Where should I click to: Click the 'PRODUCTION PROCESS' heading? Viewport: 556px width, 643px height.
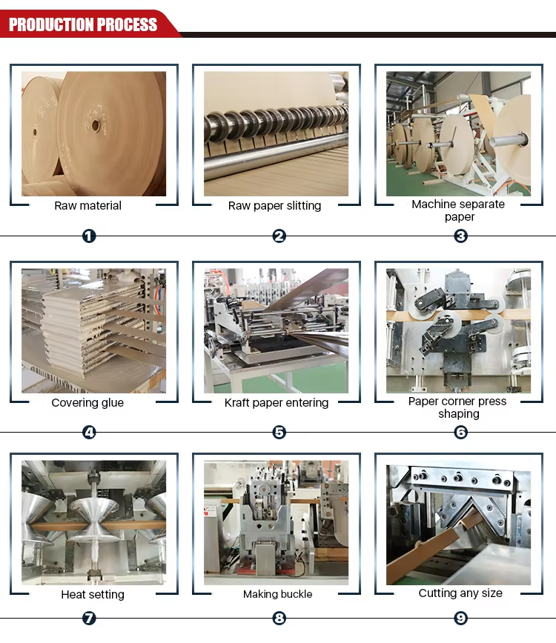click(83, 24)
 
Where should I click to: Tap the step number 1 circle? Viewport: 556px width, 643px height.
click(89, 236)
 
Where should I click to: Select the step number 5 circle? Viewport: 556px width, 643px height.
click(279, 432)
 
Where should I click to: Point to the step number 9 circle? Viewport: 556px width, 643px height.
click(461, 618)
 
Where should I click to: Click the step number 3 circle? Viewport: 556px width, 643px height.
click(461, 236)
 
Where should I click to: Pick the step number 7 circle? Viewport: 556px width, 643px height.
click(89, 618)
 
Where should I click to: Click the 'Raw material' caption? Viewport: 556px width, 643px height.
click(87, 205)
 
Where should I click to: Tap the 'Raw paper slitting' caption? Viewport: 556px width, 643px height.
click(274, 205)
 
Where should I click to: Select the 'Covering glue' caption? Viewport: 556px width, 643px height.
click(87, 403)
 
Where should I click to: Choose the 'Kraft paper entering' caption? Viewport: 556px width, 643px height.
click(277, 403)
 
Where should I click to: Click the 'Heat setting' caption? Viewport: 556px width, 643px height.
click(93, 594)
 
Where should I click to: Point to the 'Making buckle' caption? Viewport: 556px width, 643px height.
click(277, 594)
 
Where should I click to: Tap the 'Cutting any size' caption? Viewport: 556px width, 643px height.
click(460, 593)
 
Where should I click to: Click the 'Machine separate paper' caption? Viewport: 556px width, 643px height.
click(458, 210)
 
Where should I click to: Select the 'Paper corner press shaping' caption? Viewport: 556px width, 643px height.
click(457, 407)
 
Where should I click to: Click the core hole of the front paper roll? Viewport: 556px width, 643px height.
click(96, 125)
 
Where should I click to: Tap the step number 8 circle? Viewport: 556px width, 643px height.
click(279, 618)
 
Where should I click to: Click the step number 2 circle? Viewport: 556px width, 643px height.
click(279, 236)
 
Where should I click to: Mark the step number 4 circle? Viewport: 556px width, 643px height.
click(89, 432)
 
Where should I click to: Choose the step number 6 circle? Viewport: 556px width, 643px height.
click(461, 432)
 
